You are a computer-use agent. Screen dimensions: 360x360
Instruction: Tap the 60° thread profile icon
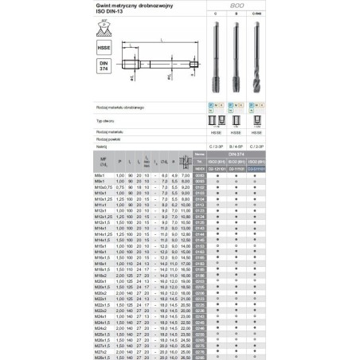pyautogui.click(x=103, y=28)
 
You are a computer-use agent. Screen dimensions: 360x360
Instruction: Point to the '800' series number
pyautogui.click(x=237, y=5)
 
